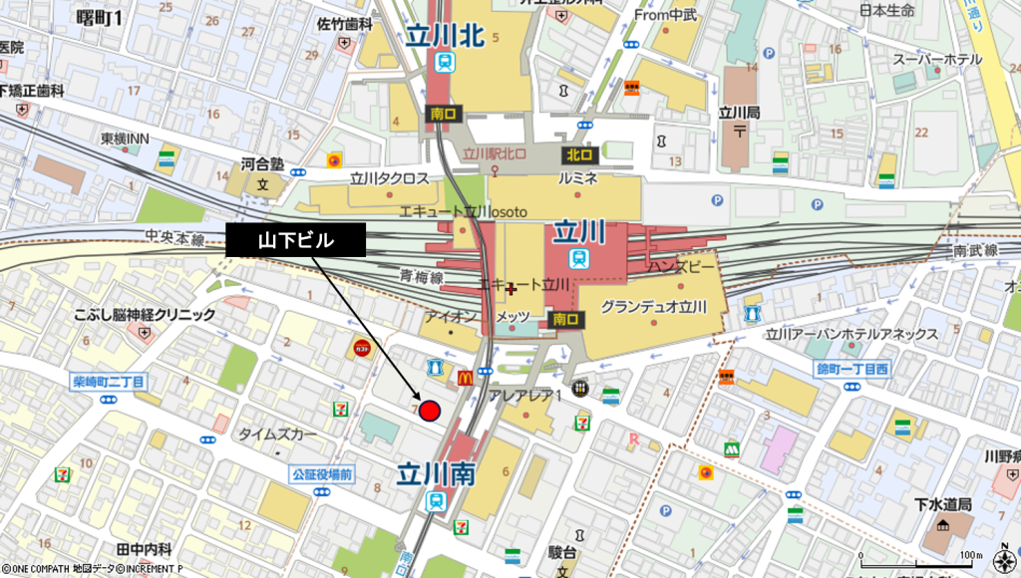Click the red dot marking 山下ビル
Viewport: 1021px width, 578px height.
[430, 411]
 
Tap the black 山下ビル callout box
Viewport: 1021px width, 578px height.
[295, 240]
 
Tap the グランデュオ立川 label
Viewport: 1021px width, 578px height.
[653, 306]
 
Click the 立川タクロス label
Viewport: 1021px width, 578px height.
[389, 178]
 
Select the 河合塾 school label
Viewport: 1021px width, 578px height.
[262, 162]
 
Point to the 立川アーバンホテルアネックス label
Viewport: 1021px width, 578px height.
[853, 334]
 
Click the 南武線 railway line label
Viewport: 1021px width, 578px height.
[975, 251]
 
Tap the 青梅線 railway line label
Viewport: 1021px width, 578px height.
[422, 275]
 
